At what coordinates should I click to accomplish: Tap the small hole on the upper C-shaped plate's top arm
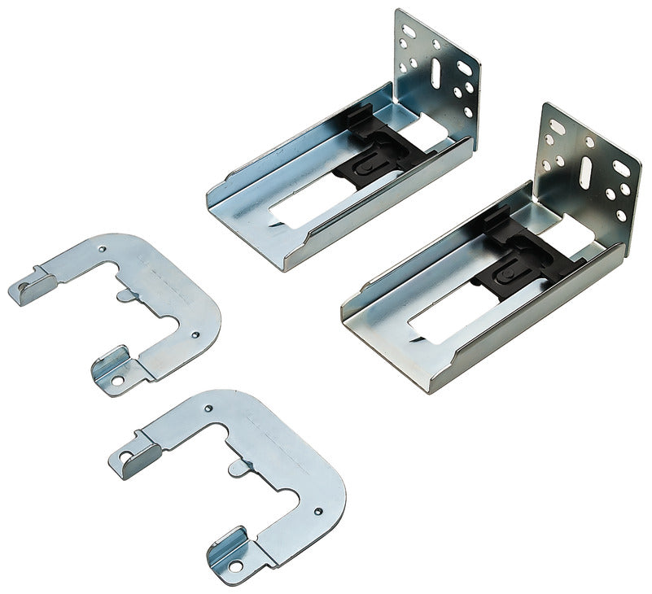(103, 249)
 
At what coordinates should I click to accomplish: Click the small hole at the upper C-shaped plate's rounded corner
(194, 334)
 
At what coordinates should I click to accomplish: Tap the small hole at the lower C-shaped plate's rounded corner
(317, 511)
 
